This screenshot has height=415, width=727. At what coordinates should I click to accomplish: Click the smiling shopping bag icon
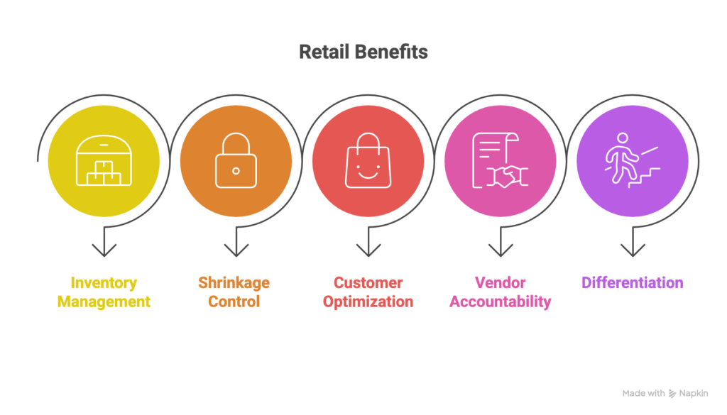click(x=368, y=162)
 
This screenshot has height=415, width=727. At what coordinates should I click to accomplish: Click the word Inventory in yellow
click(x=104, y=283)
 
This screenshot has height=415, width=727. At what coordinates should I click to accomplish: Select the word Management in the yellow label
click(x=104, y=301)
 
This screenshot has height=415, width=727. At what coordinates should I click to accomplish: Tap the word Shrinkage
click(x=234, y=283)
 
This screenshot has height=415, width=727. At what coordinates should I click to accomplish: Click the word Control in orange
click(x=234, y=301)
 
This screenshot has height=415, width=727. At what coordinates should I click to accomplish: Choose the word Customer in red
click(x=368, y=283)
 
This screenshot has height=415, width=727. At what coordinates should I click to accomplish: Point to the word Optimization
click(x=368, y=301)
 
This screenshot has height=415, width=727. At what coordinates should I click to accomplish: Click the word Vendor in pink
click(x=500, y=283)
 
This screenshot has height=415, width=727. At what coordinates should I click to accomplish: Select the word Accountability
click(x=500, y=301)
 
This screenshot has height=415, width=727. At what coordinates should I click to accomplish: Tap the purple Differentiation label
click(x=632, y=283)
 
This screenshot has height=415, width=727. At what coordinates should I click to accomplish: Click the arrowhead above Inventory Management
click(x=104, y=250)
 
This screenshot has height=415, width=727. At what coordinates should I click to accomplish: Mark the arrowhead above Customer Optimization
click(x=368, y=250)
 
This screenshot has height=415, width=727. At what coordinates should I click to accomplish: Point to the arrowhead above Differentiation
click(x=632, y=250)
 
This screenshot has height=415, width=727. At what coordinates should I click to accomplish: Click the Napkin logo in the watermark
click(x=672, y=394)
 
